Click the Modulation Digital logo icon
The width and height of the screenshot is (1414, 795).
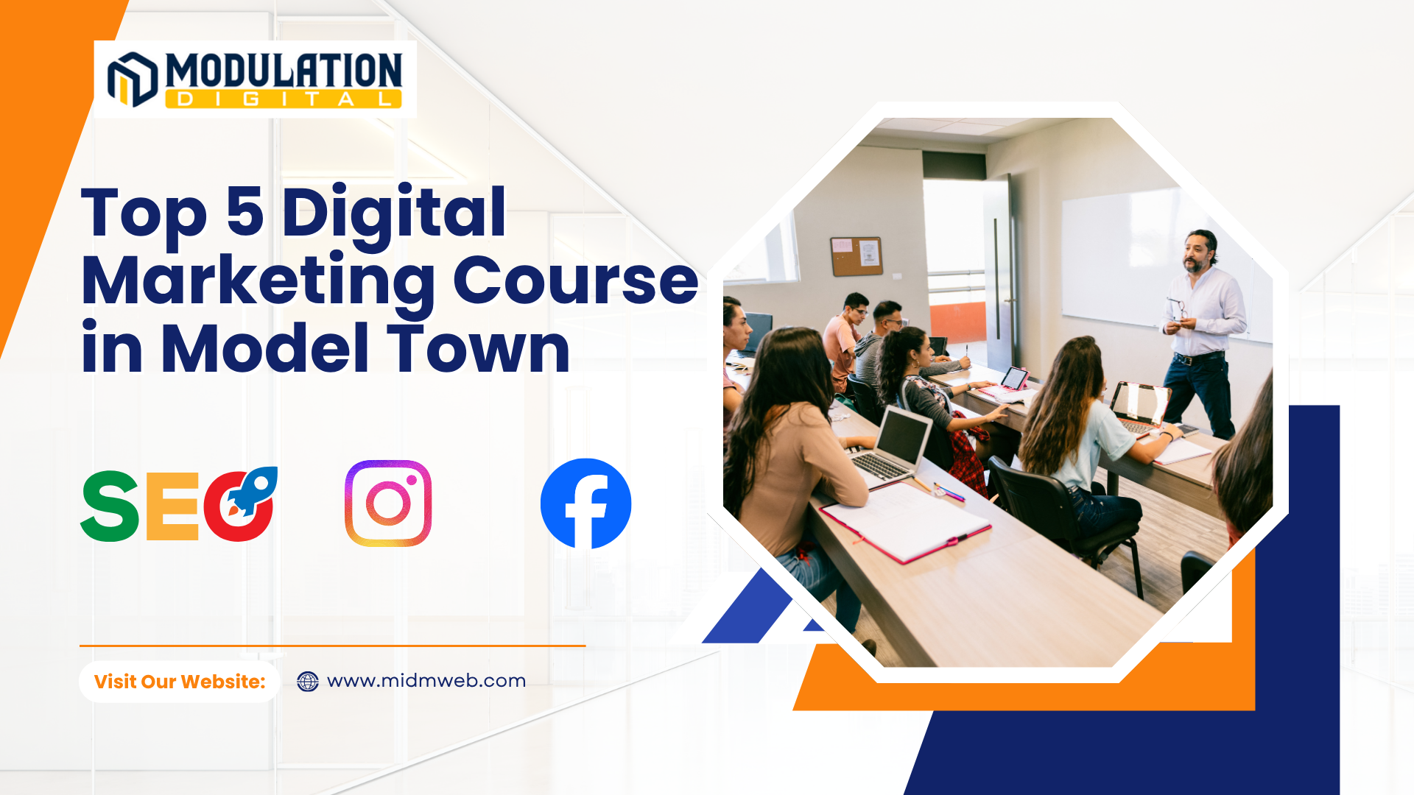133,79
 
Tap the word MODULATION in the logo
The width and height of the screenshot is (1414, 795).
284,71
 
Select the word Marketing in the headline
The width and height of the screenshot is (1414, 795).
258,281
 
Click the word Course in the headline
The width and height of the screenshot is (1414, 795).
575,281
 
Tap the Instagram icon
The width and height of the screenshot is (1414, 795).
388,504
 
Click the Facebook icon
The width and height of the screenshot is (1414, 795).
585,504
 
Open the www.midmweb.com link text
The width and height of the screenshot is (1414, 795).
426,681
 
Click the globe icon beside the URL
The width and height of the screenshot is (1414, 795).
308,682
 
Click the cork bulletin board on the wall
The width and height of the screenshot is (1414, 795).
857,255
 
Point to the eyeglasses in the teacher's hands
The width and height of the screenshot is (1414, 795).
1176,308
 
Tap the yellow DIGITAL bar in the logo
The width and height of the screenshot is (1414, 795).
284,99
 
